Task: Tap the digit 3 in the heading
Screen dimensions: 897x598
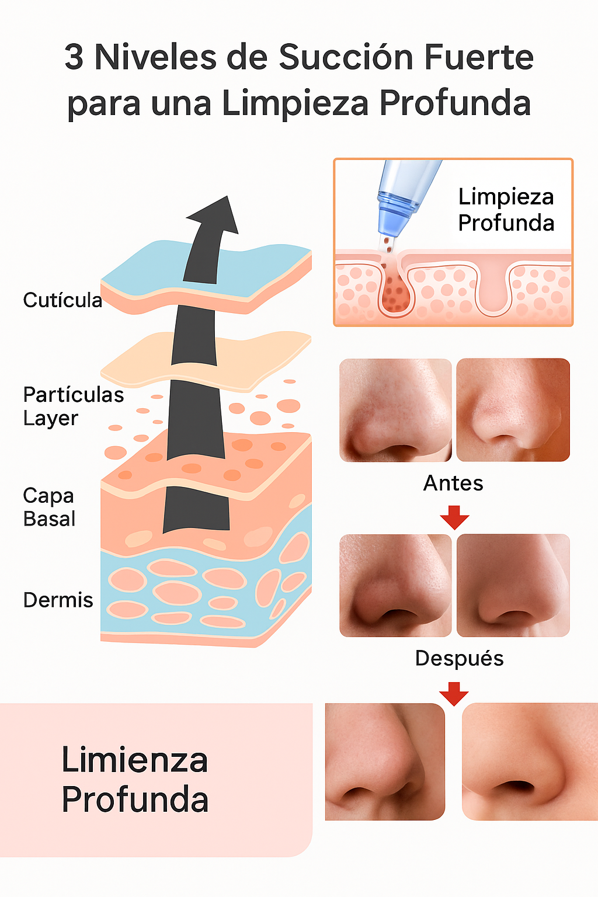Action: pos(74,58)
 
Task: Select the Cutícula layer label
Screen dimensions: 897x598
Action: pos(62,300)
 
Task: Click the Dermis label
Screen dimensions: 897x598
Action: pos(58,600)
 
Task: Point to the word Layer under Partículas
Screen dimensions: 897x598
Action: pos(51,419)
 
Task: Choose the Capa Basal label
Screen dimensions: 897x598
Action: pos(49,507)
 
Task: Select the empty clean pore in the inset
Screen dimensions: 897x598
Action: pos(494,289)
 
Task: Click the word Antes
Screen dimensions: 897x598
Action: pos(453,484)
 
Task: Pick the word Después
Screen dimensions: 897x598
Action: pos(459,658)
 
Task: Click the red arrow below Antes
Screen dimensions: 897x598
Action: pos(454,517)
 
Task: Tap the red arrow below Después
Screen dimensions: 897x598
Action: pos(454,693)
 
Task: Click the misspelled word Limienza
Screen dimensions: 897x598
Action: pos(135,760)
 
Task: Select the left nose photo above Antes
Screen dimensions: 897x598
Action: pos(395,410)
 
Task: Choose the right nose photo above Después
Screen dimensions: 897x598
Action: pos(513,585)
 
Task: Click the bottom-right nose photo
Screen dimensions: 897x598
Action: pos(529,761)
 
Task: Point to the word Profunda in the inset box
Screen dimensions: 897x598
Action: pos(506,222)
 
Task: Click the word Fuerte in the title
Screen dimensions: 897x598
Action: pos(478,58)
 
